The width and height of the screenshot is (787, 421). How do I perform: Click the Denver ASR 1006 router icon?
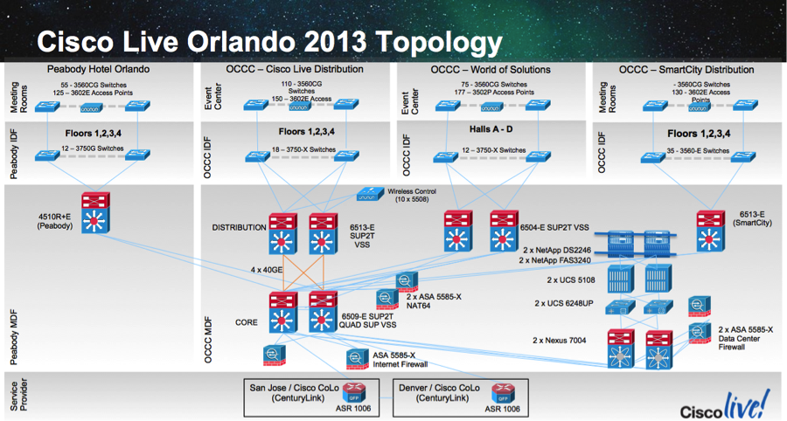[501, 392]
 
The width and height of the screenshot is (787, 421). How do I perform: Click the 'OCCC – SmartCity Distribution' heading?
[686, 69]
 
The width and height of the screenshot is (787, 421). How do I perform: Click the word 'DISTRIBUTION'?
[238, 228]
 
